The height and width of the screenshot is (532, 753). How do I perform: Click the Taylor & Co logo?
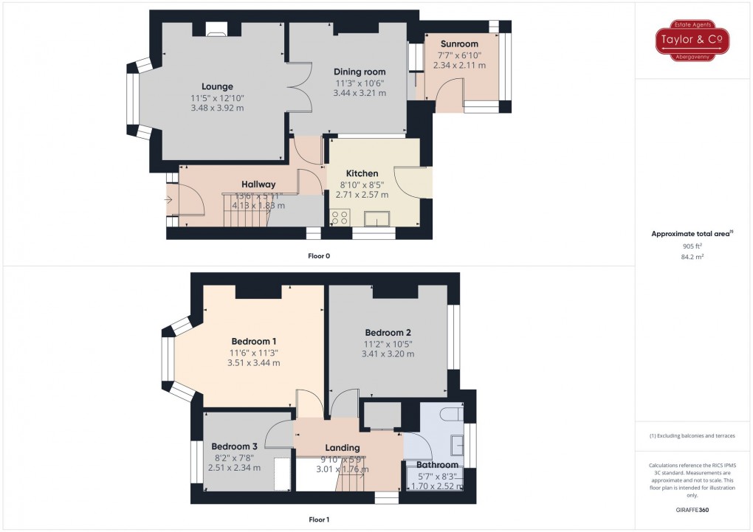pos(693,42)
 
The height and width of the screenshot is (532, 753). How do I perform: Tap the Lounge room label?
pos(217,86)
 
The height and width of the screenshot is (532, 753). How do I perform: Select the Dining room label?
pos(360,72)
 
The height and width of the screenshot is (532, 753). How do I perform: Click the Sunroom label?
pos(459,44)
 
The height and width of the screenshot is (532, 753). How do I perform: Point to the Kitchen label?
pos(362,173)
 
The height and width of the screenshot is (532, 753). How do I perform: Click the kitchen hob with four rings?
pos(340,217)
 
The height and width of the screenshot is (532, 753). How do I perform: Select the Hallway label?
pos(258,184)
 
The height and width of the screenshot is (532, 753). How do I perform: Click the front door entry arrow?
pos(170,198)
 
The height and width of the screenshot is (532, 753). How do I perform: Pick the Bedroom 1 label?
pos(254,341)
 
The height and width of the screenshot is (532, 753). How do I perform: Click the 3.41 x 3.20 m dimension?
pos(388,354)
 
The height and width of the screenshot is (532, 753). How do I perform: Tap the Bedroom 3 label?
pos(234,446)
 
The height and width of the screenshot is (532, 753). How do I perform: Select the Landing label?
pos(343,448)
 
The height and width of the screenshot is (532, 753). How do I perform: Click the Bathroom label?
pos(437,466)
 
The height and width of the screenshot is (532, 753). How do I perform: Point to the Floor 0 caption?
pos(318,255)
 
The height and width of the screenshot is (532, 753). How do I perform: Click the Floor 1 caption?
pos(318,519)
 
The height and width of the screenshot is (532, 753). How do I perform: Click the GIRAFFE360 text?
pos(692,509)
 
